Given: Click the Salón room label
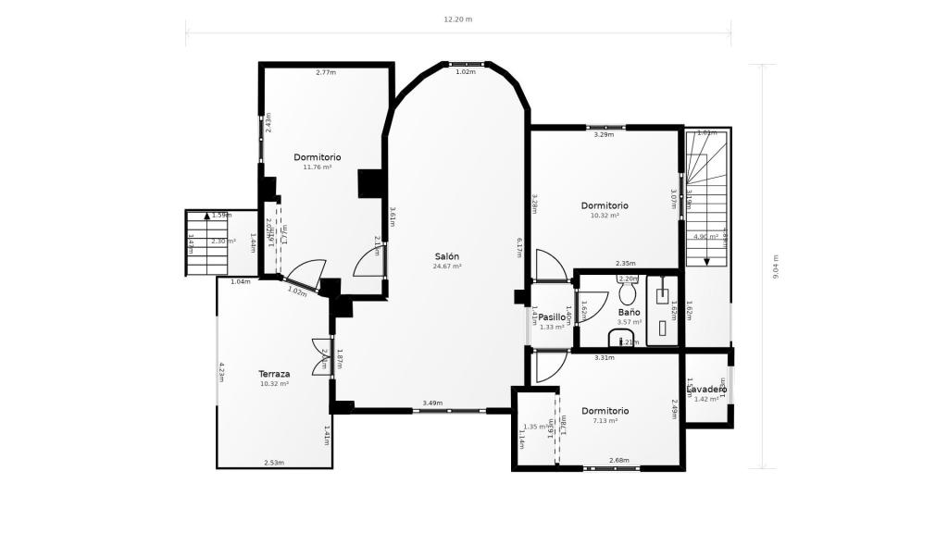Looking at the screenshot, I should click(x=447, y=256).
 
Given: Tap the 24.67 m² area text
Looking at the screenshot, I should click(x=447, y=266).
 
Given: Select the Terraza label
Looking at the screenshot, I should click(x=274, y=374).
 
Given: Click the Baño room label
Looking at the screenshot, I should click(x=629, y=313).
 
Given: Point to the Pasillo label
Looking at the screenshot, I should click(x=552, y=316).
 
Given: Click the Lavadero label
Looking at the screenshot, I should click(x=706, y=390).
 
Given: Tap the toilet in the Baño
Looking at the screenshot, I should click(x=628, y=293).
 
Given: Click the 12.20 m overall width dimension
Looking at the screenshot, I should click(x=457, y=19).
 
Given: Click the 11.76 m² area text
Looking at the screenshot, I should click(x=318, y=167).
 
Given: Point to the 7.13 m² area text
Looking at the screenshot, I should click(x=605, y=420).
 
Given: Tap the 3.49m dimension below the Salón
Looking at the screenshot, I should click(x=431, y=403).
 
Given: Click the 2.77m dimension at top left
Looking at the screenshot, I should click(x=325, y=72).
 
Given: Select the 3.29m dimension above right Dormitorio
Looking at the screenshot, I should click(x=604, y=135).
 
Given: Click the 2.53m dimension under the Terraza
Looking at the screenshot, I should click(x=273, y=463).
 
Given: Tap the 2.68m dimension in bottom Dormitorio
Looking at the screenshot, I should click(x=619, y=460).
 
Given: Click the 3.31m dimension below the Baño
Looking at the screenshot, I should click(x=605, y=357).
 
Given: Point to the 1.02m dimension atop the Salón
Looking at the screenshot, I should click(x=466, y=72).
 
